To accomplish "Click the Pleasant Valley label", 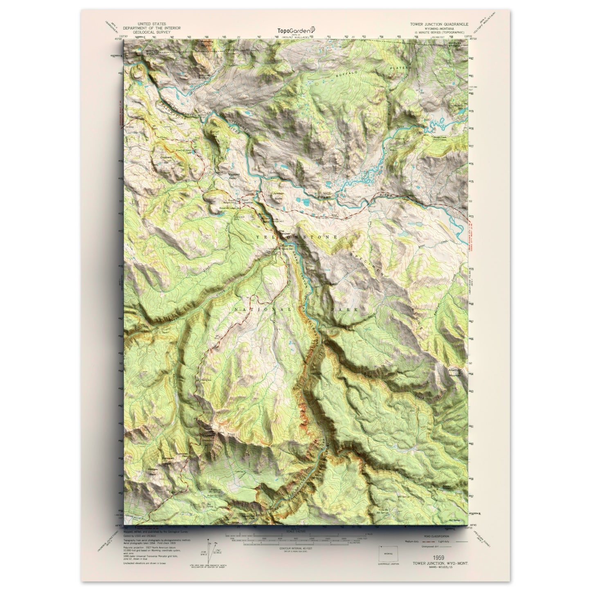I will [x=233, y=176].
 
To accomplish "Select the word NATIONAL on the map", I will [x=262, y=310].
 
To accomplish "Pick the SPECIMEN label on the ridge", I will [x=365, y=263].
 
